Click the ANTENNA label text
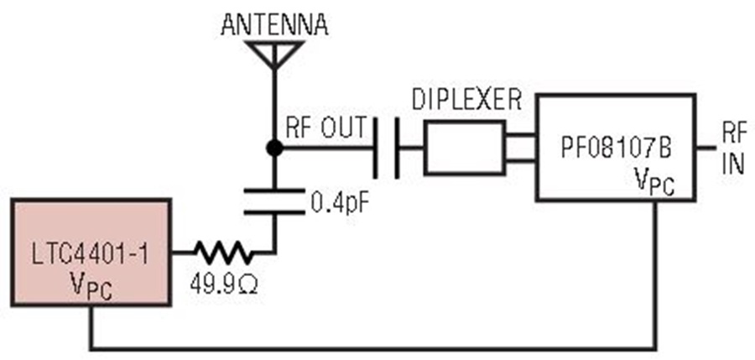click(x=274, y=24)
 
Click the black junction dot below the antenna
click(x=274, y=148)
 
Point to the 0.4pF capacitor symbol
click(x=274, y=201)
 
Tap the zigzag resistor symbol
click(x=222, y=253)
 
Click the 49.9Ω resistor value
click(x=223, y=284)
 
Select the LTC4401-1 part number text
click(x=91, y=255)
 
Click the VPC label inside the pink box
click(x=91, y=287)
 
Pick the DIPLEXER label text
click(x=466, y=100)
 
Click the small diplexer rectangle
click(x=465, y=148)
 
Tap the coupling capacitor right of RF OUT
click(x=386, y=148)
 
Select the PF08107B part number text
click(x=616, y=149)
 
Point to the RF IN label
click(x=734, y=148)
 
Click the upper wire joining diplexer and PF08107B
click(x=520, y=135)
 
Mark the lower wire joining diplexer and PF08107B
click(x=520, y=159)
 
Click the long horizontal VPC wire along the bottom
click(x=372, y=347)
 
